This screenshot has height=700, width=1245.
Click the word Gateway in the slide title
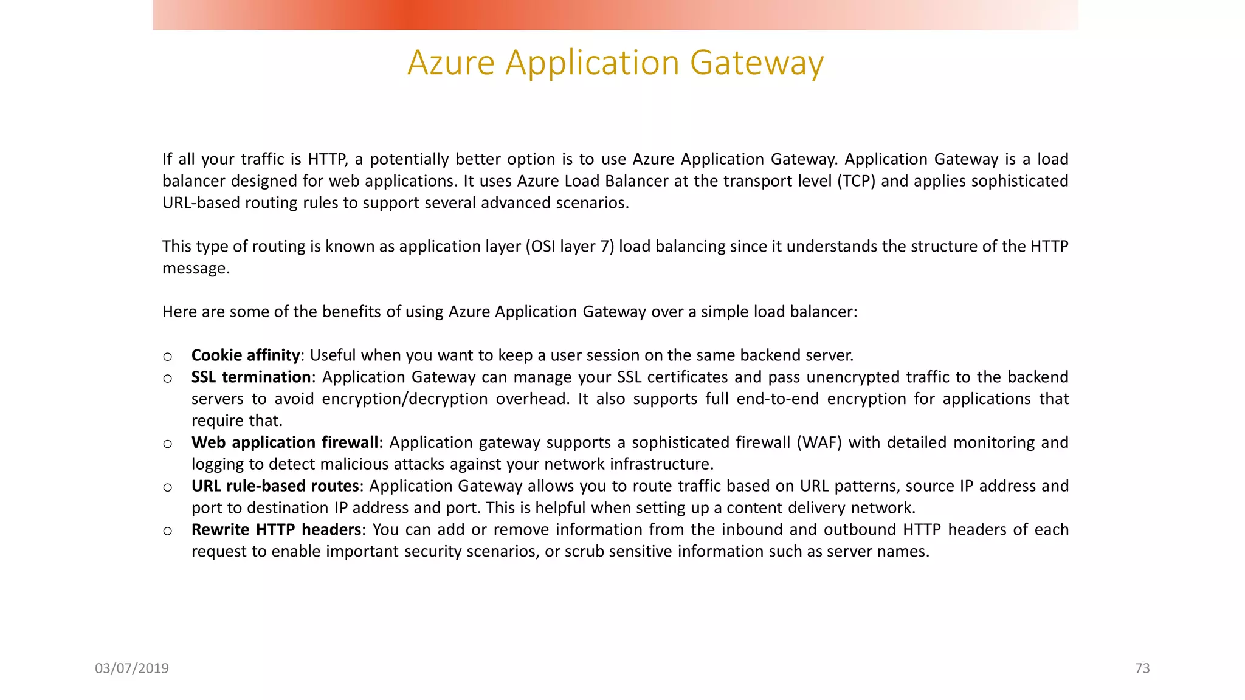click(x=757, y=63)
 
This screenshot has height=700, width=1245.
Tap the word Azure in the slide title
click(x=451, y=63)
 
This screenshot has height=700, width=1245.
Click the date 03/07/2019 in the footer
click(x=132, y=668)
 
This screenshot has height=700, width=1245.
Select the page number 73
click(x=1142, y=668)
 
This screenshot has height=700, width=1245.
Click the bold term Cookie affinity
click(x=246, y=355)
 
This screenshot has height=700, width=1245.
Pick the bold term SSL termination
click(x=251, y=377)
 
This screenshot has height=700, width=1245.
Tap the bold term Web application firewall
click(x=285, y=442)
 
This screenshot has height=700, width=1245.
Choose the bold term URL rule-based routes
click(x=275, y=486)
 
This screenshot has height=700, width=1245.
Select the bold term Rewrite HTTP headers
click(x=277, y=530)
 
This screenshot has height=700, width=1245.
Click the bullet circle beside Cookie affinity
click(x=168, y=357)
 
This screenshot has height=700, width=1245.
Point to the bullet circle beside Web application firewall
click(x=168, y=444)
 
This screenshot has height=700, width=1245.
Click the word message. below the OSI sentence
click(x=196, y=268)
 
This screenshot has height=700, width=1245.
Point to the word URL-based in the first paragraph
click(x=201, y=203)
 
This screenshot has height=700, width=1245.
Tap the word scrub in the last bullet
click(x=584, y=552)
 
